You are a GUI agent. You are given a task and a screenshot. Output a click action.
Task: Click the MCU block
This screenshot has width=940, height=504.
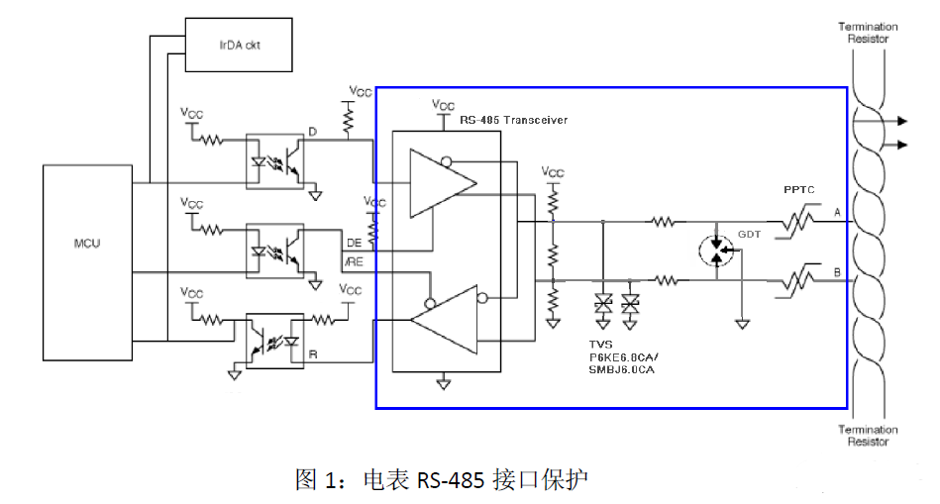click(x=87, y=262)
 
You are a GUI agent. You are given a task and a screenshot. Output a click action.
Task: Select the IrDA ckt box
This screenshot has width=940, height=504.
click(x=239, y=45)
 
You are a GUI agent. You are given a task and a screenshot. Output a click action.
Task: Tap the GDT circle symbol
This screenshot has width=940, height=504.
click(x=716, y=251)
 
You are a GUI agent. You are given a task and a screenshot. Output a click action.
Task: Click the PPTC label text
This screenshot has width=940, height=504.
click(x=799, y=189)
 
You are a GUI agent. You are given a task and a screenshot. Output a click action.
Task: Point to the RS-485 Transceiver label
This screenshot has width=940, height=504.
click(x=513, y=120)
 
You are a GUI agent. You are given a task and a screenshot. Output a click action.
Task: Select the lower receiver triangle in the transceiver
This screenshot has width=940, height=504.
click(x=444, y=320)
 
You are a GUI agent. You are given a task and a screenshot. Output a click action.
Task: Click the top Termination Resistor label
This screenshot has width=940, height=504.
click(x=868, y=33)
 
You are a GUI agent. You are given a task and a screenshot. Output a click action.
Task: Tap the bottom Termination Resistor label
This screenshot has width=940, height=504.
click(x=868, y=436)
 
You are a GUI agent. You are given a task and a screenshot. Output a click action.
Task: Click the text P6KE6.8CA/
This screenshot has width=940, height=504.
click(x=623, y=357)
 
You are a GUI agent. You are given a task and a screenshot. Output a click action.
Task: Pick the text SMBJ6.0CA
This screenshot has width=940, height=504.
click(x=621, y=369)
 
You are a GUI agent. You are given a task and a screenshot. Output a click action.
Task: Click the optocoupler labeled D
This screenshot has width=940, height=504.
click(x=275, y=161)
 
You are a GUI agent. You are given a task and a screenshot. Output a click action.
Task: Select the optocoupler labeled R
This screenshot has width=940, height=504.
click(x=275, y=341)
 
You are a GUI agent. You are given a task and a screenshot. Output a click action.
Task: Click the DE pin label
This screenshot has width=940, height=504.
click(x=355, y=243)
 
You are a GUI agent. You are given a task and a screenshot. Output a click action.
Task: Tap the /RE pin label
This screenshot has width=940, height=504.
click(x=354, y=261)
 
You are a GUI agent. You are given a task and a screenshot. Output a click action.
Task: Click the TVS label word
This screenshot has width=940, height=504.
click(x=600, y=345)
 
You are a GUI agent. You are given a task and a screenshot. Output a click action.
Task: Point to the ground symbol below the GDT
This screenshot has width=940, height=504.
click(x=742, y=324)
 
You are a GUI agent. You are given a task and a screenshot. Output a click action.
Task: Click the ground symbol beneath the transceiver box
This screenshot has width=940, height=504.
click(x=443, y=383)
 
